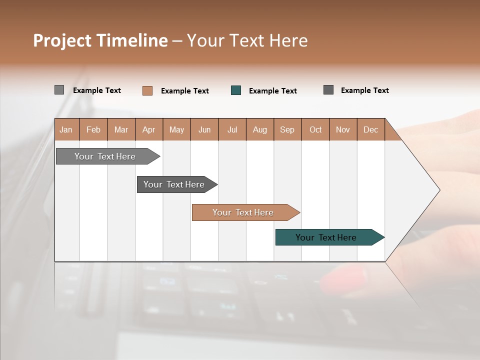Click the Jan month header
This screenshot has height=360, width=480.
[66, 129]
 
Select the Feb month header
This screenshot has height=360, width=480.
[93, 129]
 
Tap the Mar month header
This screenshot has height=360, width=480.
[121, 129]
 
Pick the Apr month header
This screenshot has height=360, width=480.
[149, 129]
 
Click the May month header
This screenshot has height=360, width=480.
[176, 129]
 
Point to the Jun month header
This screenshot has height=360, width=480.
[204, 129]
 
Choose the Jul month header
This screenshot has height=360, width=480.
[232, 129]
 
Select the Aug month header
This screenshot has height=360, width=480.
[260, 129]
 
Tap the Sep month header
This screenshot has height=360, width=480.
[287, 129]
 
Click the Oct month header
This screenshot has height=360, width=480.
[315, 129]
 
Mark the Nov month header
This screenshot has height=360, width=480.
[343, 129]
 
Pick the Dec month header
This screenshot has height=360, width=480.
[370, 129]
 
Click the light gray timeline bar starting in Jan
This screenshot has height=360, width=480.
[105, 156]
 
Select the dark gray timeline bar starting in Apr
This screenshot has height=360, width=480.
[174, 184]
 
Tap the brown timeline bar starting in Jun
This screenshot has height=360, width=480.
[243, 212]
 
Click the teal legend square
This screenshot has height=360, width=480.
[236, 90]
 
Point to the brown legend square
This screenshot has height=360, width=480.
[147, 90]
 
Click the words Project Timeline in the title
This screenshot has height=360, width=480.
[100, 40]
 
